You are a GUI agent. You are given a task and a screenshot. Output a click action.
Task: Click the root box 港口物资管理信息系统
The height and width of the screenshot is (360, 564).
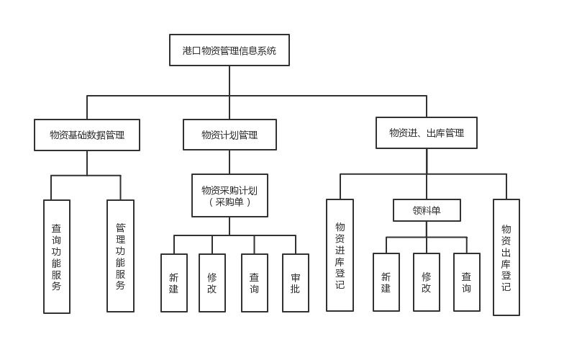229,50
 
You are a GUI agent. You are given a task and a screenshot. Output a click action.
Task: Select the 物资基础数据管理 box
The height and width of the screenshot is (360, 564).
87,135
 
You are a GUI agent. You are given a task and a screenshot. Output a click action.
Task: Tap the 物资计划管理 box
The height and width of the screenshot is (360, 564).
229,135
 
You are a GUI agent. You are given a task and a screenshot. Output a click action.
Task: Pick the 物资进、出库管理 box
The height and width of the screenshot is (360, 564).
427,133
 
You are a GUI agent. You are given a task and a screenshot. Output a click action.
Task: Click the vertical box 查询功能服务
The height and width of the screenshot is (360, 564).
57,256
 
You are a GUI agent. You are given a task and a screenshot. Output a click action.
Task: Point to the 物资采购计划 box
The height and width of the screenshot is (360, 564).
229,191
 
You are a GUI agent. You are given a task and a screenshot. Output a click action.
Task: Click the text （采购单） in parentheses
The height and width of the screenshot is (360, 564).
229,202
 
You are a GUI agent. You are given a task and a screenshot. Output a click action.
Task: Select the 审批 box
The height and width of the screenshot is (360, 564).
296,283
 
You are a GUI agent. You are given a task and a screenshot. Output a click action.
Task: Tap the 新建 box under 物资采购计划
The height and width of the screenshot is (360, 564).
174,283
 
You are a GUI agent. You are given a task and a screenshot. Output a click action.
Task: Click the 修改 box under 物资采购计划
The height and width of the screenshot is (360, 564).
212,283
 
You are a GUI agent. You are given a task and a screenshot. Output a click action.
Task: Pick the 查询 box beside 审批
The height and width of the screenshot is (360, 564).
255,283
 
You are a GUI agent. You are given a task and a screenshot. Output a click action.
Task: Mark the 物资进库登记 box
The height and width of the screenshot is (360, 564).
340,255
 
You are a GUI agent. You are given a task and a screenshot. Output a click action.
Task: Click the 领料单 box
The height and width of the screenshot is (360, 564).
427,210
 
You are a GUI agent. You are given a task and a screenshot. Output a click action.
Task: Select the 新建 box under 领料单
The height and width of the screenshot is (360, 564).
386,282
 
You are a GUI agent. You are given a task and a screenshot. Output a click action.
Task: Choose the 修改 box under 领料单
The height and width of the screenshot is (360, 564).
427,282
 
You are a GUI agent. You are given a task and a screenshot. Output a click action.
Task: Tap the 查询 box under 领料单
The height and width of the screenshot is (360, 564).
467,282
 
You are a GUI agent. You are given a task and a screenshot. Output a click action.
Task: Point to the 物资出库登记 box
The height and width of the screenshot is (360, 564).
506,257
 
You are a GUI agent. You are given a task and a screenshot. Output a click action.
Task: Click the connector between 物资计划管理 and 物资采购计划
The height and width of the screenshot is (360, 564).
229,162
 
